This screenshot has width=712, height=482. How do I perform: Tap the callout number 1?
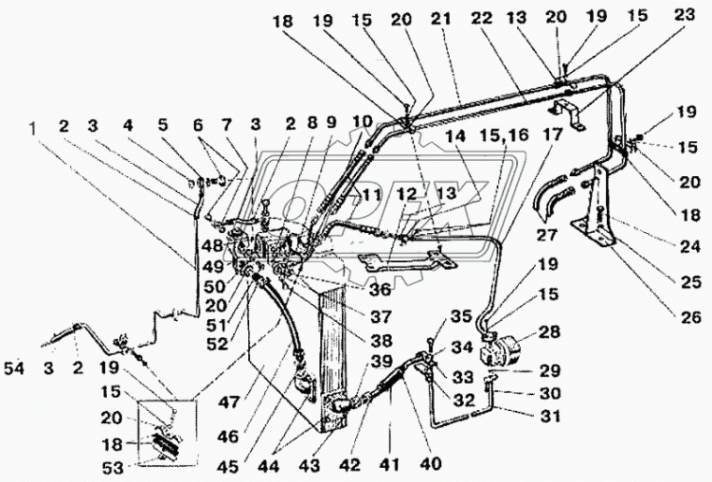(x=36, y=124)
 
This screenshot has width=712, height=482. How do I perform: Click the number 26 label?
(x=691, y=317)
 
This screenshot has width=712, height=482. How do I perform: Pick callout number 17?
(x=549, y=134)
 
